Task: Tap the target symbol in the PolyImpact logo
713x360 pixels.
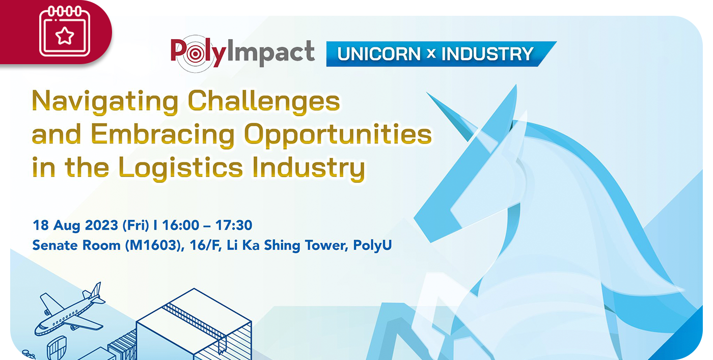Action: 195,54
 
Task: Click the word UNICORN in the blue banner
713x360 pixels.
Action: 379,54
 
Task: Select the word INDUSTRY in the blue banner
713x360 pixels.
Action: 487,54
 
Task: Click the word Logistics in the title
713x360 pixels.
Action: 180,168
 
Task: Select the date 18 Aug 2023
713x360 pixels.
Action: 75,226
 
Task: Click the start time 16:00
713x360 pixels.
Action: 181,226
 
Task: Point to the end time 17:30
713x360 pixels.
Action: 234,226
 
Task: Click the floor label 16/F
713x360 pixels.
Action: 206,245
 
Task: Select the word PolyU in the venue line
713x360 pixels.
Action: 372,245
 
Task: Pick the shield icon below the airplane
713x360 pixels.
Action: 57,348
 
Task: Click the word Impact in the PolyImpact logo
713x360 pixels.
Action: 271,52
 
